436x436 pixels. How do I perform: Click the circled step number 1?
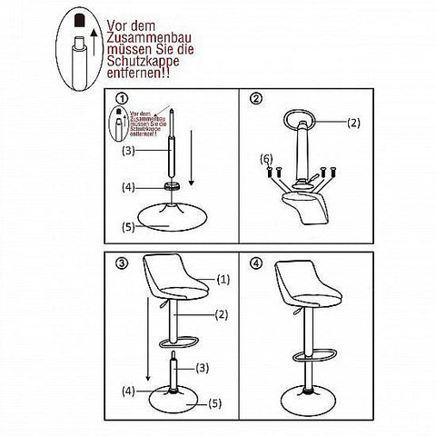click(x=122, y=98)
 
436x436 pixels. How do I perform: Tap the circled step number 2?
click(x=257, y=98)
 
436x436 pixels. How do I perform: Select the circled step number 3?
click(x=122, y=263)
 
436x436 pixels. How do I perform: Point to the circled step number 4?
click(x=257, y=263)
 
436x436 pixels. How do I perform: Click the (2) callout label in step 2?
click(x=354, y=121)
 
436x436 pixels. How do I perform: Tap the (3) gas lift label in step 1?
click(x=129, y=150)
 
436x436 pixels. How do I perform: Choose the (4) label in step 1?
click(x=130, y=187)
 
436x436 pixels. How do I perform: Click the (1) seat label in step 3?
click(x=223, y=282)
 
